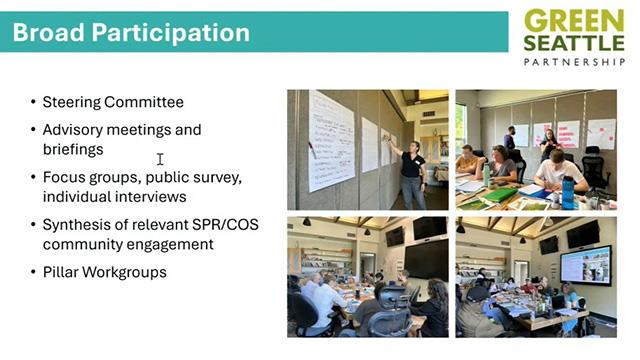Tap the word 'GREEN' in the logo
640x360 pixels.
tap(573, 19)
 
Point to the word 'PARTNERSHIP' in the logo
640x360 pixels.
tap(573, 61)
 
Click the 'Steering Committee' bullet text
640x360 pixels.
tap(113, 102)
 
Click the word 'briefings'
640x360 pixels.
tap(73, 149)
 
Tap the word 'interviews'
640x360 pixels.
tap(149, 196)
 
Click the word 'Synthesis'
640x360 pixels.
tap(77, 224)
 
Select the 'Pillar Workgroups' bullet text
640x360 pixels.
tap(105, 271)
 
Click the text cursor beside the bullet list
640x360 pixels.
tap(160, 159)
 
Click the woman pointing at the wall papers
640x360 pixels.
tap(411, 170)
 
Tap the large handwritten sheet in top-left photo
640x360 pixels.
tap(331, 140)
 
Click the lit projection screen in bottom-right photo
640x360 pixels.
tap(586, 266)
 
